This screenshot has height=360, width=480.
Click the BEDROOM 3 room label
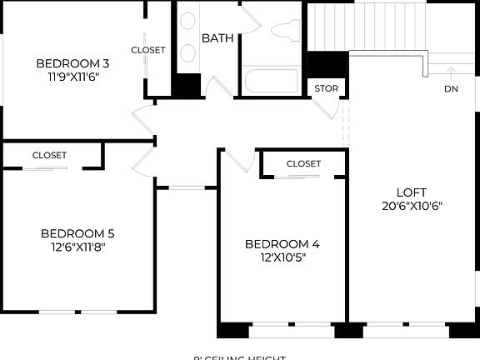(x=72, y=63)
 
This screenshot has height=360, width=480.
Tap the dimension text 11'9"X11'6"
(x=72, y=77)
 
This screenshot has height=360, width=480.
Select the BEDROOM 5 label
(x=77, y=233)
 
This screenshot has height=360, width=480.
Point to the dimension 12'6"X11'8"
(x=77, y=247)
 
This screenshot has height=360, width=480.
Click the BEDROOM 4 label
(x=282, y=244)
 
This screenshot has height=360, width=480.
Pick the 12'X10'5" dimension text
(x=282, y=257)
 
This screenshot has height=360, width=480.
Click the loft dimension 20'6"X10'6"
(x=407, y=205)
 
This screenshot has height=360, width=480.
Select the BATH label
(x=217, y=38)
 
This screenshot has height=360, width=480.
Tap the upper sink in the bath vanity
(x=187, y=22)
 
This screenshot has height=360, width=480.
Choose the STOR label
(x=324, y=88)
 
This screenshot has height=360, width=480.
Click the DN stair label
(x=451, y=88)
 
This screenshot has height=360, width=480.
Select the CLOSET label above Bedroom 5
(x=49, y=155)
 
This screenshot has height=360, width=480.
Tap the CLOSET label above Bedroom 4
(x=303, y=163)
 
